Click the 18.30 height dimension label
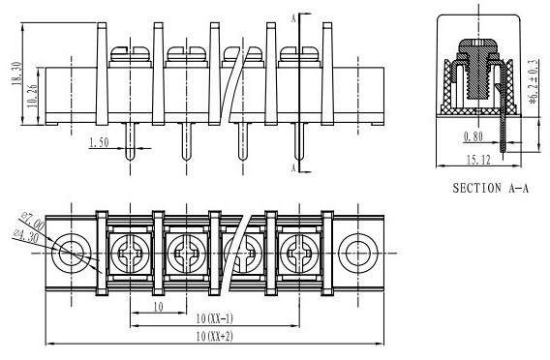16,74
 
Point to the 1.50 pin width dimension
100,142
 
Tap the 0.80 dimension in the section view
474,136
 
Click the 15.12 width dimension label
478,160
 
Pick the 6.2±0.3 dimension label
534,82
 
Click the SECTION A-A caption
490,189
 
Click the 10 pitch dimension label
159,307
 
